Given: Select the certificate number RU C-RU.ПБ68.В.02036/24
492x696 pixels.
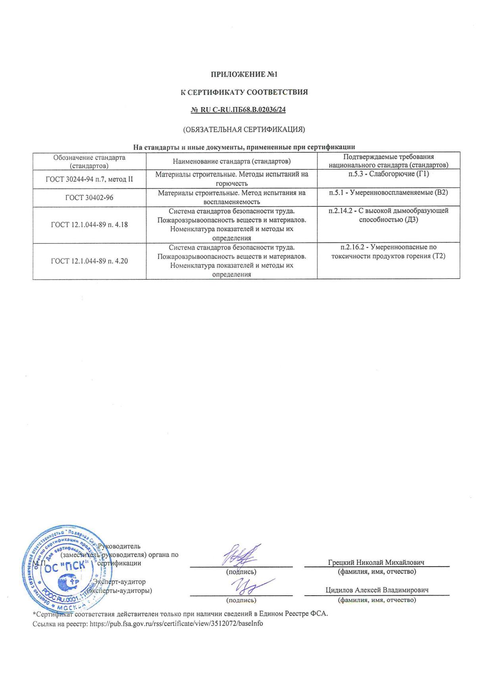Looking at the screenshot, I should pos(238,110).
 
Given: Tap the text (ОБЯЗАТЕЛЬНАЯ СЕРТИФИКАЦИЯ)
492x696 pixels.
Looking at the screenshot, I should pos(244,129).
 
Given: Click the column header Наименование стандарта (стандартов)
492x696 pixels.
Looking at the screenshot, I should pos(232,161).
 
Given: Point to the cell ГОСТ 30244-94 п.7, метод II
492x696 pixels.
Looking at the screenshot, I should pos(89,179).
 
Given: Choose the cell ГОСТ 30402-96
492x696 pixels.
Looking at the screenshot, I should pos(89,197).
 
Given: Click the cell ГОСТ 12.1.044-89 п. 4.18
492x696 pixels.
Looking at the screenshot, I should pos(89,225).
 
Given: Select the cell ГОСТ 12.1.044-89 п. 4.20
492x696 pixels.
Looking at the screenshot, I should pos(89,261).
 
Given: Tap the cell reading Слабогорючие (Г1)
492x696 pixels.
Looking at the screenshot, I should pos(388,174).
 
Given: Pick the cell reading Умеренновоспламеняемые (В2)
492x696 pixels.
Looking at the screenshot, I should pos(388,192).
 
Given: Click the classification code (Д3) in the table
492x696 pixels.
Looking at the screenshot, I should pos(411,219).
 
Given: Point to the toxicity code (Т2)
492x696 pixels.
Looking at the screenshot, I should pos(438,256).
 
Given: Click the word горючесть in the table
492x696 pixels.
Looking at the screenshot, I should pos(232,183).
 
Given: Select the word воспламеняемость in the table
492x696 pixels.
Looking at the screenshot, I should pos(232,202).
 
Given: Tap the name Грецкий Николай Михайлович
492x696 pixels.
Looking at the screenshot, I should pos(376,562).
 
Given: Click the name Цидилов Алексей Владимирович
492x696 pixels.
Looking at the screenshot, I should pos(377,590).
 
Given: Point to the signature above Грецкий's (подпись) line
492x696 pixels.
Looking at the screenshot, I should pos(240,555).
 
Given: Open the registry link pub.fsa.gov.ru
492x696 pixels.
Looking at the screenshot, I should pos(176,623).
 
